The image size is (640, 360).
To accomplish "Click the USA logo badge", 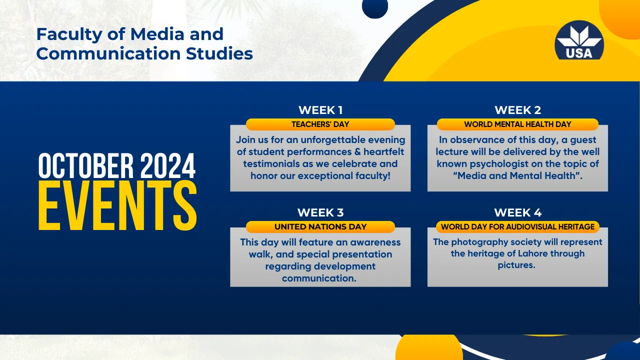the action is [x=579, y=40].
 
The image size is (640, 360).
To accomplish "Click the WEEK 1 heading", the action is [x=320, y=110].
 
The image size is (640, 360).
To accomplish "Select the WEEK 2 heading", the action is [x=517, y=110].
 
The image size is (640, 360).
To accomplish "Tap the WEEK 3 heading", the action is [x=320, y=212].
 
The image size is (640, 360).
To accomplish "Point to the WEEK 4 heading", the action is [x=517, y=212].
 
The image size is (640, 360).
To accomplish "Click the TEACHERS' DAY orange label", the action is [x=320, y=124].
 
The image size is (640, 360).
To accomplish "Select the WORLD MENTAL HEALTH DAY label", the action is [x=517, y=124].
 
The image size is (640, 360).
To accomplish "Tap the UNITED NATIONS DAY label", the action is [x=320, y=227].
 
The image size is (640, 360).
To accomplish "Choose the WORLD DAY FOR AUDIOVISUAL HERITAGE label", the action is [x=517, y=227].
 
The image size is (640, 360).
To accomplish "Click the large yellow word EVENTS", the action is [x=117, y=205].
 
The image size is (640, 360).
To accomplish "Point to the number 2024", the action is [x=168, y=165].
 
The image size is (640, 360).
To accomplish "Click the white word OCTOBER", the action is [x=85, y=165].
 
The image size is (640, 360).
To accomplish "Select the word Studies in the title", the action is [x=219, y=53].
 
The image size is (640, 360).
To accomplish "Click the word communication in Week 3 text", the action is [x=319, y=278].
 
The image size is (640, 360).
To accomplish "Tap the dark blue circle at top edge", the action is [x=375, y=7].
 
